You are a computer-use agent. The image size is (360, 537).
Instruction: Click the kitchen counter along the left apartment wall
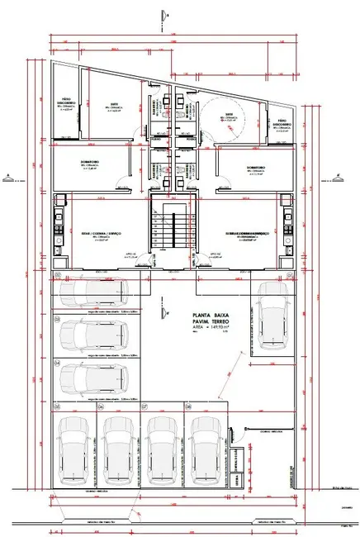59,226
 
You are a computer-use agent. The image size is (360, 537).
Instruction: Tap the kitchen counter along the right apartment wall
289,226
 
